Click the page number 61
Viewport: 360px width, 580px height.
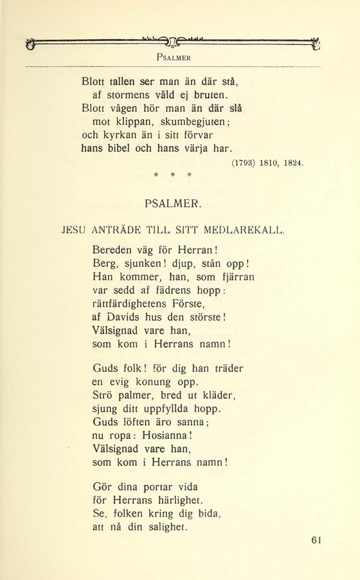click(x=314, y=541)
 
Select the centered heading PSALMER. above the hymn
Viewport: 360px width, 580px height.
click(x=174, y=205)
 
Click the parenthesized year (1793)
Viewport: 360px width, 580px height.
click(x=243, y=163)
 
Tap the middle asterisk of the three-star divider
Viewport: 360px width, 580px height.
click(x=172, y=174)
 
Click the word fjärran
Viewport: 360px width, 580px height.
click(x=219, y=278)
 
